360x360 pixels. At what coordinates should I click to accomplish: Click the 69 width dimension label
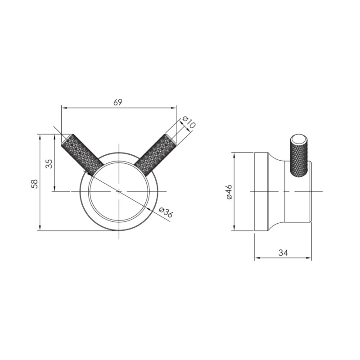118,103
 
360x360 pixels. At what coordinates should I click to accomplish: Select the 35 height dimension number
50,164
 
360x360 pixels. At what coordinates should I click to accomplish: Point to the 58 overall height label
35,184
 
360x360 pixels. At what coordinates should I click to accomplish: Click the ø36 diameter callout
166,211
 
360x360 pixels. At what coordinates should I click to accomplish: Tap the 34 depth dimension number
283,253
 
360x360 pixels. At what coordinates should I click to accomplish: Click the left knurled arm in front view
83,155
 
